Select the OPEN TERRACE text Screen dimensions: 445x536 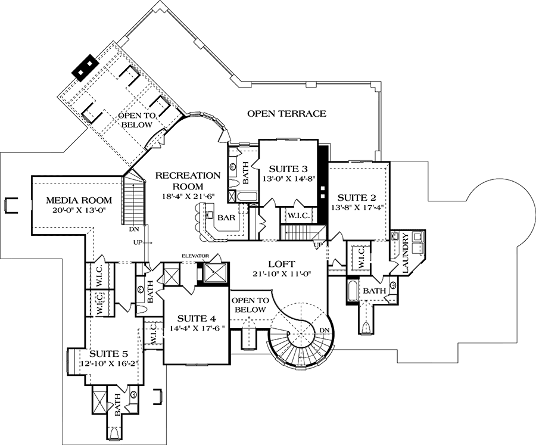click(286, 113)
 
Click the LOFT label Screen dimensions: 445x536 click(280, 263)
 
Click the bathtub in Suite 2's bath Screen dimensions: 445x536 click(351, 292)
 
